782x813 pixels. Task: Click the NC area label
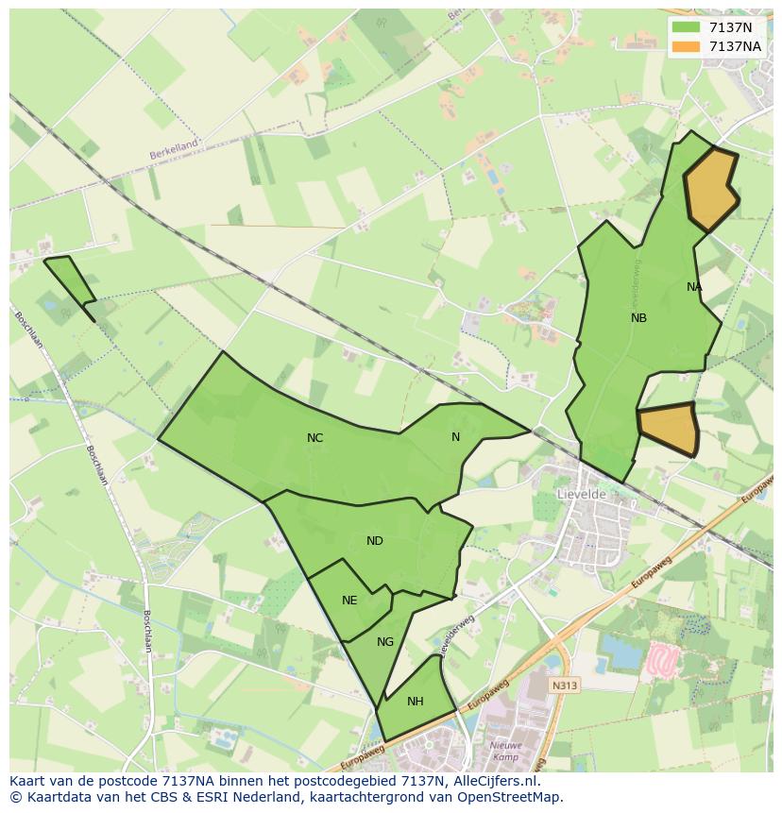pos(314,438)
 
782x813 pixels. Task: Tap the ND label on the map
pos(375,541)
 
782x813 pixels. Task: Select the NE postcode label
pos(349,601)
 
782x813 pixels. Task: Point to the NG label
pos(384,642)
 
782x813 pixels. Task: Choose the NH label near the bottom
pos(415,702)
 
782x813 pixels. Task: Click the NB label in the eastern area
pos(638,318)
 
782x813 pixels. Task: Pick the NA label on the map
pos(694,287)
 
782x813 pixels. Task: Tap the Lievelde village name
pos(581,494)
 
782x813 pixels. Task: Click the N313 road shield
pos(565,686)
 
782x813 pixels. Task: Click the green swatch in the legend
pos(687,27)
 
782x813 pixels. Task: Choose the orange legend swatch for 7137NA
pos(687,46)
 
